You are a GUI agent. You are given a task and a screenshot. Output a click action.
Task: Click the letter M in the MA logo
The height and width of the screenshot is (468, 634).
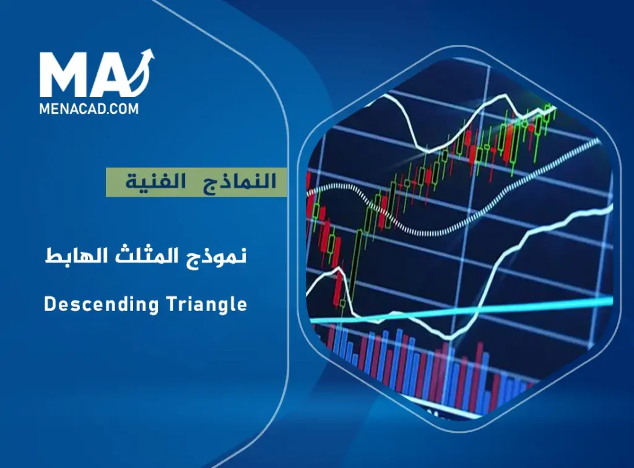65,75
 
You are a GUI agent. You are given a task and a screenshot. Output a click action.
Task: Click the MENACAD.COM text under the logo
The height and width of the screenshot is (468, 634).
89,109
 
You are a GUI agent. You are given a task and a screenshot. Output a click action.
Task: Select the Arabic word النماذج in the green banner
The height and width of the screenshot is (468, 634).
246,182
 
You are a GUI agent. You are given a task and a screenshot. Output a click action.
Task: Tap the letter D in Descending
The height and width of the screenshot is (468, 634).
50,304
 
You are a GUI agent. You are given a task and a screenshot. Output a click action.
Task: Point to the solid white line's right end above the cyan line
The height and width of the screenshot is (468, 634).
610,209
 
